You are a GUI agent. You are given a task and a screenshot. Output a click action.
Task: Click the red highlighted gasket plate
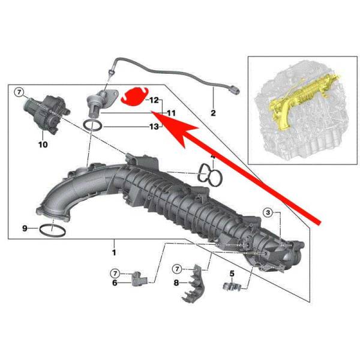(x=134, y=96)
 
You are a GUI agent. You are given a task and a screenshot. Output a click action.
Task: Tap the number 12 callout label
(x=154, y=100)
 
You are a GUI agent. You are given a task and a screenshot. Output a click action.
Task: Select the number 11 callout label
(x=171, y=113)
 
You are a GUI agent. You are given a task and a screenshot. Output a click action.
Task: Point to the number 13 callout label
(x=154, y=127)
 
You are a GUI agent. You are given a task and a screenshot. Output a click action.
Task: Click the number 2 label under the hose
(x=213, y=113)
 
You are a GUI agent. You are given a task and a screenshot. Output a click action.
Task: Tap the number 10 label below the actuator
(x=43, y=145)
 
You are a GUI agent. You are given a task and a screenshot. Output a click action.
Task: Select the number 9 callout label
(x=25, y=229)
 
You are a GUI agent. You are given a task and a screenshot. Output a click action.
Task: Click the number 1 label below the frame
(x=114, y=253)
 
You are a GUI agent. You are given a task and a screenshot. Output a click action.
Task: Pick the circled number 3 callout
(x=268, y=212)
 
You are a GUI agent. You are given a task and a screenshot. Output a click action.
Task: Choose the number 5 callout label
(x=232, y=274)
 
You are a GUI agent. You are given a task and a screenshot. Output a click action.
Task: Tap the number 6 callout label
(x=115, y=283)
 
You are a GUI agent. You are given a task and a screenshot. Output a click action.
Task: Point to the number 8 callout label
(x=176, y=283)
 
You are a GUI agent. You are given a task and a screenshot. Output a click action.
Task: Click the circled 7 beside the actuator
(x=19, y=92)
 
